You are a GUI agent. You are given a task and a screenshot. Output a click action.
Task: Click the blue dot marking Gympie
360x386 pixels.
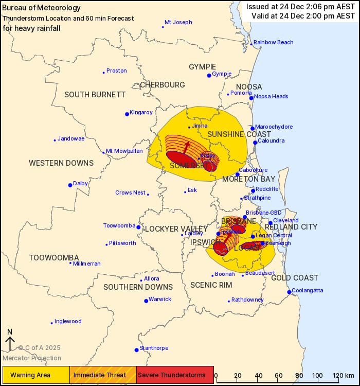209,75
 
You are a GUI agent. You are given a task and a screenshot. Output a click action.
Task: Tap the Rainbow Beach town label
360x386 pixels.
273,42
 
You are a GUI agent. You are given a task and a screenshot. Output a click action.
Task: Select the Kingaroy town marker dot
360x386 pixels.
127,114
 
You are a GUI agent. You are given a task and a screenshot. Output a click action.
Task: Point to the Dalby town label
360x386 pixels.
81,183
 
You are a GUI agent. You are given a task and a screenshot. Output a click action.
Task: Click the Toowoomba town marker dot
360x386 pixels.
138,227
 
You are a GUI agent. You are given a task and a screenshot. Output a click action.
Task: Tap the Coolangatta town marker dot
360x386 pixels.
290,292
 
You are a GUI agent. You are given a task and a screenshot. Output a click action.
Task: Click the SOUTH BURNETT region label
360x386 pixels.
95,95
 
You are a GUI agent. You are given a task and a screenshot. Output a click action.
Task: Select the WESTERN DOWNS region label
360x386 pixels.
61,163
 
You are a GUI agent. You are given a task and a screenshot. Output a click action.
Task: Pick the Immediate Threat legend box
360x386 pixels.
103,375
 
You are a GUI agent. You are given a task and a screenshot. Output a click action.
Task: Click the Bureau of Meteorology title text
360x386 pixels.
42,8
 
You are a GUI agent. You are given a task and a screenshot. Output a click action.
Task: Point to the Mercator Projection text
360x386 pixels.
32,358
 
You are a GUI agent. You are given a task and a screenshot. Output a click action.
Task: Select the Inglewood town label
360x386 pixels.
68,322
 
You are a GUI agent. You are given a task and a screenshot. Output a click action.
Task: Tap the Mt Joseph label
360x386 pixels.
178,23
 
